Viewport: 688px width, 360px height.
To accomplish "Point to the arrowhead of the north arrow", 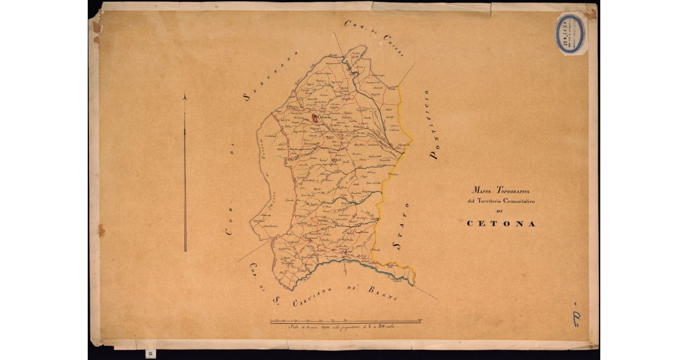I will pos(185,98).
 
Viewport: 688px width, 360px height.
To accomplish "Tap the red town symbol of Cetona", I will pos(315,118).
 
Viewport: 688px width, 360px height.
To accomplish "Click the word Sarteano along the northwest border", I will pos(269,77).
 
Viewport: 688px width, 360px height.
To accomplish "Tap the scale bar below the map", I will pos(346,320).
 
